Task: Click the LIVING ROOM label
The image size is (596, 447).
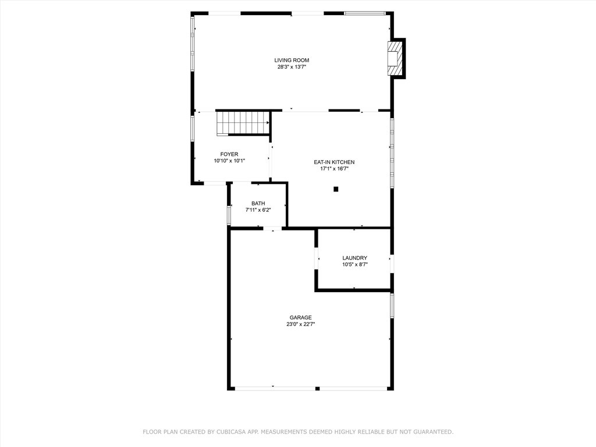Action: [292, 60]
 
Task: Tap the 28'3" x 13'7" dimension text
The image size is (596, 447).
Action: [292, 67]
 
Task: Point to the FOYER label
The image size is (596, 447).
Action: [229, 154]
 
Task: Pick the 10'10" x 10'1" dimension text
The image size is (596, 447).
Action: [229, 161]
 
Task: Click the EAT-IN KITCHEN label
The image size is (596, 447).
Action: [334, 162]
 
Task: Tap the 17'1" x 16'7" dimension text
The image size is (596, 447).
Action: [334, 169]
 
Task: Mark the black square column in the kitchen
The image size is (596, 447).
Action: [336, 189]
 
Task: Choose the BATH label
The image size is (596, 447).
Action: [258, 203]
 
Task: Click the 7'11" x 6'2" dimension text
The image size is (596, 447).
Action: [258, 210]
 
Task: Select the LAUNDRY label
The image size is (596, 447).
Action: [355, 258]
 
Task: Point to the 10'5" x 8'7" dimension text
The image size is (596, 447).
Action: [355, 265]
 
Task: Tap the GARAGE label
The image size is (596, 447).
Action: [301, 317]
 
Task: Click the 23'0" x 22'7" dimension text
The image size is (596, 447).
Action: [301, 325]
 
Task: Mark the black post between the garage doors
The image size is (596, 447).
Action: [317, 388]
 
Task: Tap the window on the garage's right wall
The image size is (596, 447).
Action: [392, 305]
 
